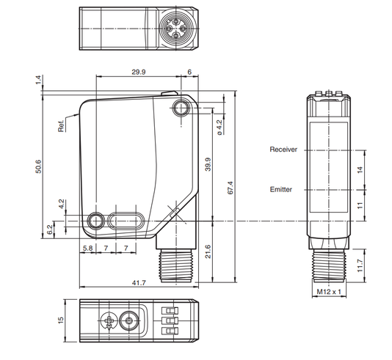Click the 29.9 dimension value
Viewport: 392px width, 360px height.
pos(139,72)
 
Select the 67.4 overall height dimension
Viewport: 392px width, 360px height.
pos(231,188)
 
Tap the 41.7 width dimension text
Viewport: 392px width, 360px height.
pos(139,283)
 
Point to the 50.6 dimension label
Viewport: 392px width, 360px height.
pos(38,166)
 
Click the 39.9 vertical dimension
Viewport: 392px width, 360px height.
pos(208,164)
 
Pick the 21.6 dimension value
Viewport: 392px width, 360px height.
pos(208,251)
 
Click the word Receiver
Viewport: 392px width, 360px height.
pos(283,150)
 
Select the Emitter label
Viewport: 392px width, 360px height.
pos(281,189)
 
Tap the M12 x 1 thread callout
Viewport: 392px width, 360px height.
pos(329,292)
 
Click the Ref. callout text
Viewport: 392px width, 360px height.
pos(61,126)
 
